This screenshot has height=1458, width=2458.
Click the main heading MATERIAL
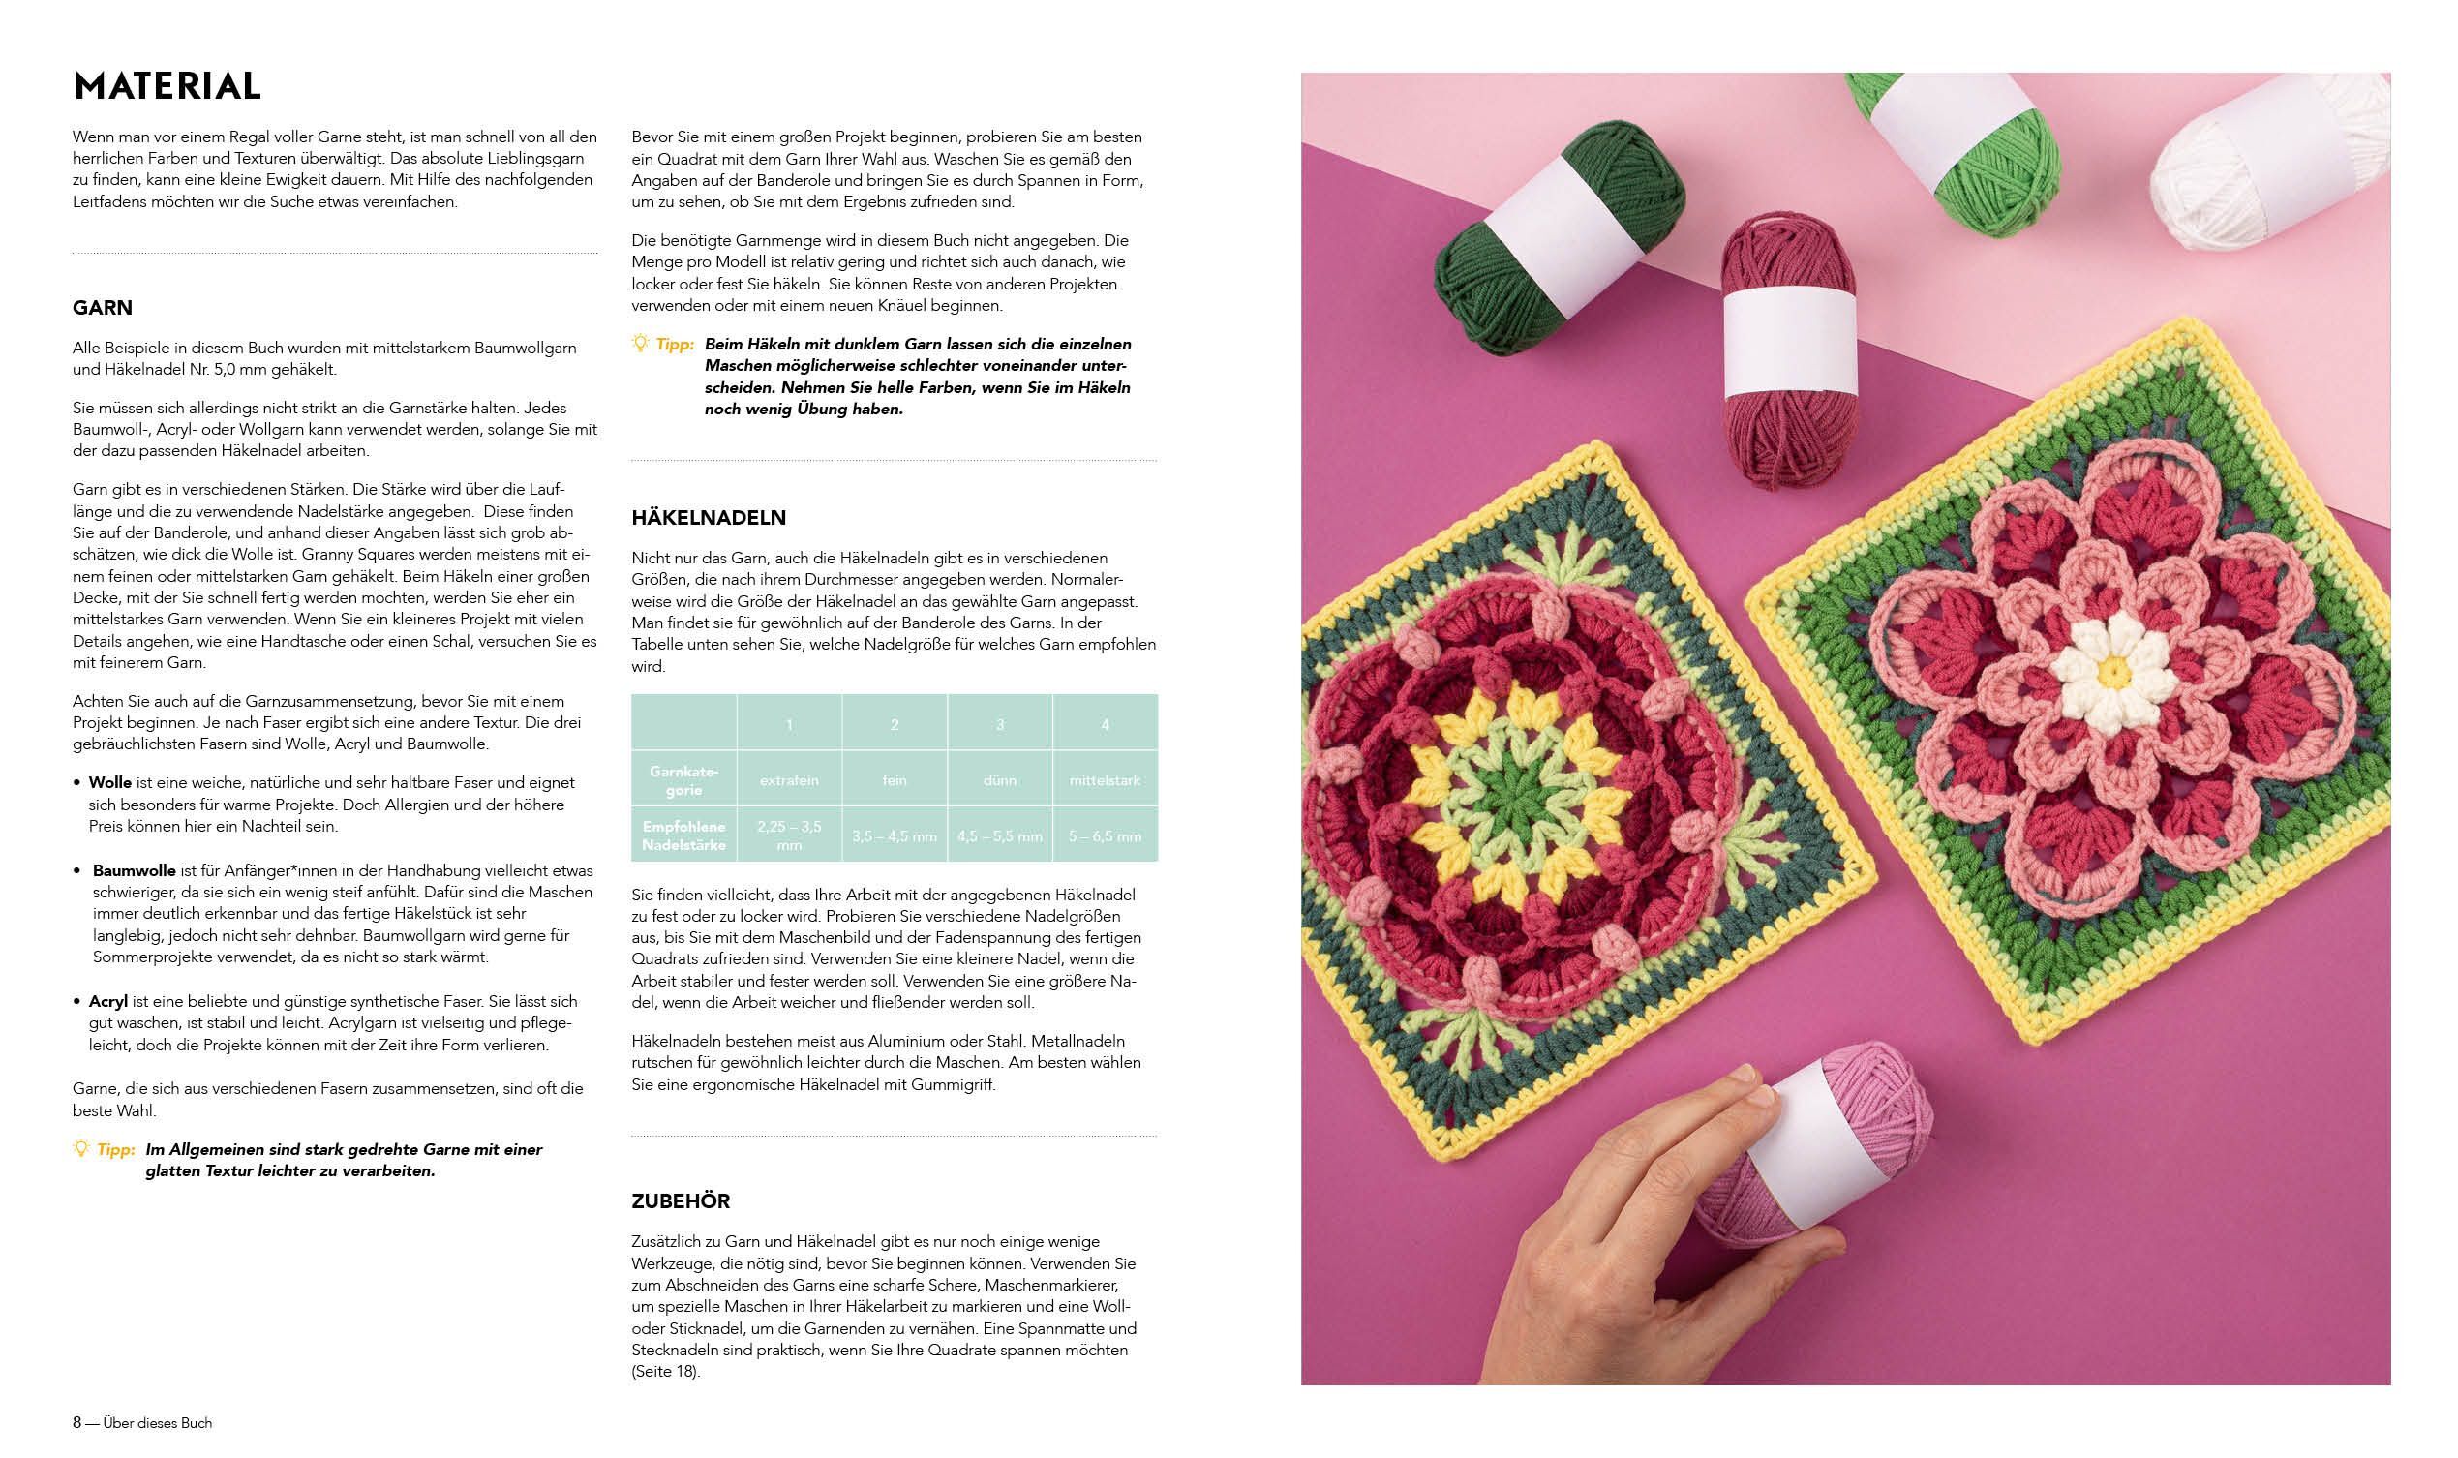pyautogui.click(x=167, y=86)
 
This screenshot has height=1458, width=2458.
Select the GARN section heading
pyautogui.click(x=103, y=308)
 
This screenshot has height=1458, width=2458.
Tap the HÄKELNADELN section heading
pyautogui.click(x=709, y=518)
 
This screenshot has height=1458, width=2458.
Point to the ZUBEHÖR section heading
pyautogui.click(x=681, y=1201)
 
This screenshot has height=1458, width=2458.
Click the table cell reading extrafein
pyautogui.click(x=789, y=780)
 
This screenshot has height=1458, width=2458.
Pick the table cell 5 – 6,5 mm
pyautogui.click(x=1106, y=836)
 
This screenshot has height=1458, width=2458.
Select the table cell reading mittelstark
pyautogui.click(x=1106, y=780)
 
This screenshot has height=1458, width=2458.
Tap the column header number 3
pyautogui.click(x=1000, y=725)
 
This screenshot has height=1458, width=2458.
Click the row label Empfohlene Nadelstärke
pyautogui.click(x=684, y=836)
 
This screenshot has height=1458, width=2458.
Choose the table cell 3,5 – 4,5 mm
pyautogui.click(x=894, y=836)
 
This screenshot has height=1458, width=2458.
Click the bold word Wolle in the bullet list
pyautogui.click(x=110, y=783)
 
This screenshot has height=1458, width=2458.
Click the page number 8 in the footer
pyautogui.click(x=76, y=1422)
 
